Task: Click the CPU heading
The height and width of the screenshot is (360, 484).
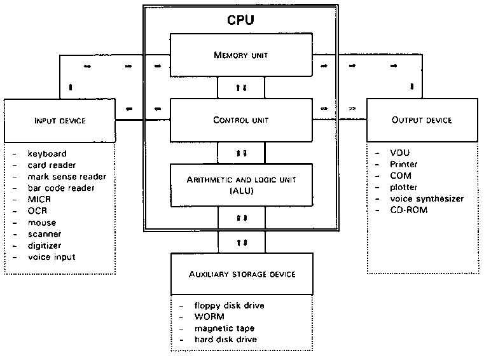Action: [241, 20]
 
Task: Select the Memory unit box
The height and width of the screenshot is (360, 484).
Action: [241, 55]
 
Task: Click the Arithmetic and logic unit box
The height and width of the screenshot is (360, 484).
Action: [241, 185]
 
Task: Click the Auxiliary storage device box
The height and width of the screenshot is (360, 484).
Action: [241, 273]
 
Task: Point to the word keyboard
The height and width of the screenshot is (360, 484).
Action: [46, 154]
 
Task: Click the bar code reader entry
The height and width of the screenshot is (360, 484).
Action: [61, 188]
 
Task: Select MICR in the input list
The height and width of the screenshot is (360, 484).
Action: [38, 200]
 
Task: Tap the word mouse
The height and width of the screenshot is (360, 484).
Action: [41, 223]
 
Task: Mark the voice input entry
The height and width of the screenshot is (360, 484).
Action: [52, 257]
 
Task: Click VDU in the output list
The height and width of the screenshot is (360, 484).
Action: [401, 154]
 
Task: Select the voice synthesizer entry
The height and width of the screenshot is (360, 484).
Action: [427, 199]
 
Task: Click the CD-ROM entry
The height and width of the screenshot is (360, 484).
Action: [409, 210]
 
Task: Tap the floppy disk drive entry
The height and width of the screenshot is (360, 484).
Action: [230, 306]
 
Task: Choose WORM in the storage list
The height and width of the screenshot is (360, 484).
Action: [208, 317]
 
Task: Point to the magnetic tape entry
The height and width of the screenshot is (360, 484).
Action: [225, 328]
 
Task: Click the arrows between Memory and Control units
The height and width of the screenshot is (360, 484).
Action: [241, 87]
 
